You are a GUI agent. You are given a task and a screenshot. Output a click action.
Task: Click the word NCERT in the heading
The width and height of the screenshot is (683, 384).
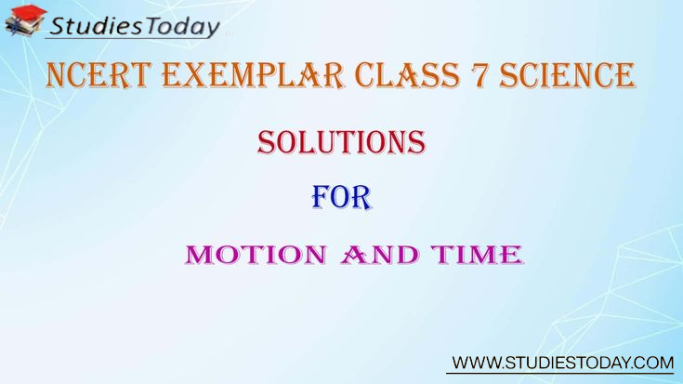click(99, 75)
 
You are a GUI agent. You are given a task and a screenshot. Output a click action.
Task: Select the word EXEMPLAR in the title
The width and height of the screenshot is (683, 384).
click(253, 75)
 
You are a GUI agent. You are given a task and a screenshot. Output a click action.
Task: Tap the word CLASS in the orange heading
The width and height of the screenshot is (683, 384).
click(407, 75)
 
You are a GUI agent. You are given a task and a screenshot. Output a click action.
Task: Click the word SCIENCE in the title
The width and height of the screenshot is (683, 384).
click(567, 75)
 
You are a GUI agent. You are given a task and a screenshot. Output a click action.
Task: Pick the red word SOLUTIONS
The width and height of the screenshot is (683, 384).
click(341, 142)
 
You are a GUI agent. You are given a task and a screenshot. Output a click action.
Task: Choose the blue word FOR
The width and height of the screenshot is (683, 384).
click(342, 197)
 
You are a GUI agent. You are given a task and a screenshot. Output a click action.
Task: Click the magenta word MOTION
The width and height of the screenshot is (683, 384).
click(256, 255)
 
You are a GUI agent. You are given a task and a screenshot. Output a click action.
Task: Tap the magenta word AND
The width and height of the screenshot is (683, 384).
click(379, 255)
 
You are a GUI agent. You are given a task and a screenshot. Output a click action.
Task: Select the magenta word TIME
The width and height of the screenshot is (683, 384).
click(477, 255)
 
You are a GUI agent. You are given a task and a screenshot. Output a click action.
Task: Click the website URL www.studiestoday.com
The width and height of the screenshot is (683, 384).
click(563, 363)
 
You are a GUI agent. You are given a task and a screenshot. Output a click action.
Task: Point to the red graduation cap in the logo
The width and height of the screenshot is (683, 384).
click(29, 13)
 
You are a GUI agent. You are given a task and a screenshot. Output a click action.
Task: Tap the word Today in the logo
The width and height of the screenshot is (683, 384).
click(182, 27)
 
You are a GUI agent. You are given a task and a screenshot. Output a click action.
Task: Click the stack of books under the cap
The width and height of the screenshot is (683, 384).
click(21, 25)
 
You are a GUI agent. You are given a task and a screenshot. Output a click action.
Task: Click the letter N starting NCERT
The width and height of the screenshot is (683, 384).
click(56, 75)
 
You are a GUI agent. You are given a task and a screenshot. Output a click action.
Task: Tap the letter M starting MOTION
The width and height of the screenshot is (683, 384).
click(200, 255)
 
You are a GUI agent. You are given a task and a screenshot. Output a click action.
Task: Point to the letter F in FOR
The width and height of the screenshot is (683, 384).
click(321, 197)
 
